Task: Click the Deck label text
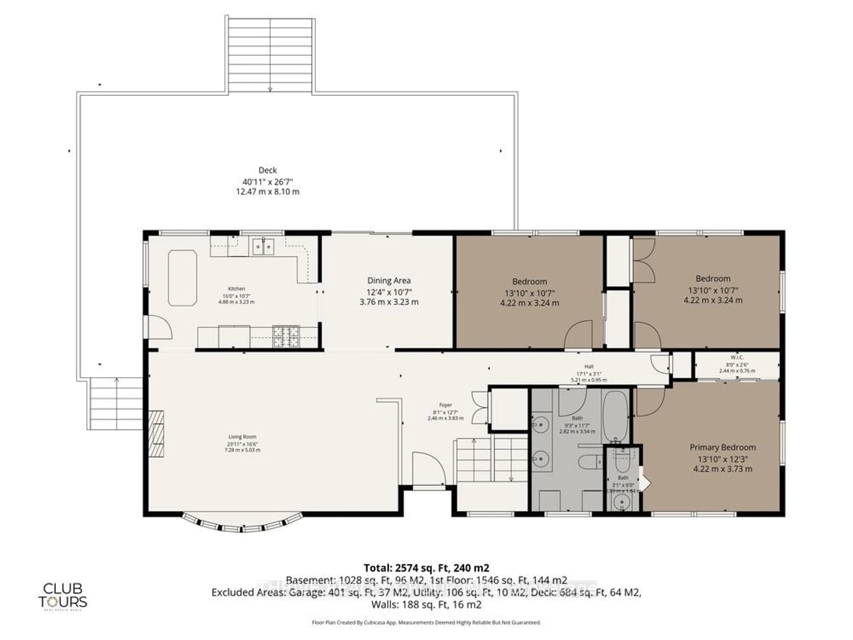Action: pyautogui.click(x=268, y=170)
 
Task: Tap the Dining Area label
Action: pyautogui.click(x=389, y=281)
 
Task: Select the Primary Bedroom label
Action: pyautogui.click(x=723, y=448)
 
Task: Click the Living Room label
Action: pyautogui.click(x=242, y=437)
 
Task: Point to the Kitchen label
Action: pyautogui.click(x=236, y=289)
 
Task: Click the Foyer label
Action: pyautogui.click(x=445, y=405)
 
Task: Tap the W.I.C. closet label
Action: pyautogui.click(x=737, y=358)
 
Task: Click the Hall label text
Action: pyautogui.click(x=589, y=366)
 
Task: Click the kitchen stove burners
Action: pyautogui.click(x=286, y=336)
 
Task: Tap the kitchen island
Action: pyautogui.click(x=182, y=278)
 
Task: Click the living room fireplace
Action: pyautogui.click(x=156, y=434)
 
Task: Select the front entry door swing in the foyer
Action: pyautogui.click(x=428, y=469)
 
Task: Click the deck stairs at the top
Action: pyautogui.click(x=270, y=54)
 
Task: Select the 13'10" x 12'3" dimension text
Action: pyautogui.click(x=723, y=459)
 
